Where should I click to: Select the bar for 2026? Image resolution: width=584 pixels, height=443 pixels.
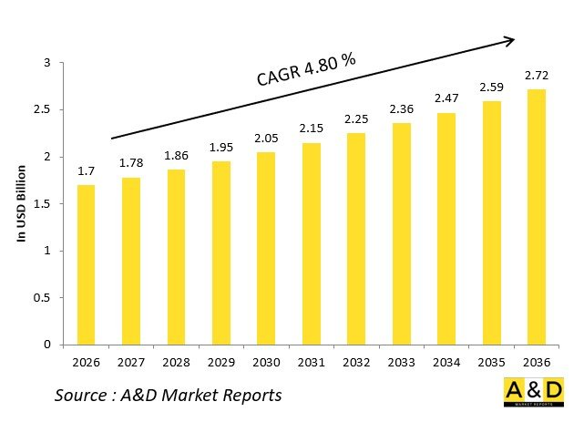(85, 264)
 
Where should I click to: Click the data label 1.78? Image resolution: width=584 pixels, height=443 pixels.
(130, 163)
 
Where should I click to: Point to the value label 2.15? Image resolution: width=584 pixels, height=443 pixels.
(310, 129)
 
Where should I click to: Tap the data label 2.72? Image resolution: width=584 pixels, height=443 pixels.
(536, 75)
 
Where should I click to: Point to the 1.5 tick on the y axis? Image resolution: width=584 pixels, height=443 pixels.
(43, 203)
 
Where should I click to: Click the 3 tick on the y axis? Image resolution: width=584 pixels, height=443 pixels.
(47, 63)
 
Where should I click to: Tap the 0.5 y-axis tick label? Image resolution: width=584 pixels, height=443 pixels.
(43, 298)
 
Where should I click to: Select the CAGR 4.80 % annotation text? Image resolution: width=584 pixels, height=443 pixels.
(304, 71)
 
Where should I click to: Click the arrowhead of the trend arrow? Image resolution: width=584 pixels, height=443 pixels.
(510, 39)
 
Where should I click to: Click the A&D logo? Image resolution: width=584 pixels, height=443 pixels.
(533, 392)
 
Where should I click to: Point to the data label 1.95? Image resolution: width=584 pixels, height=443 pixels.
(220, 148)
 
